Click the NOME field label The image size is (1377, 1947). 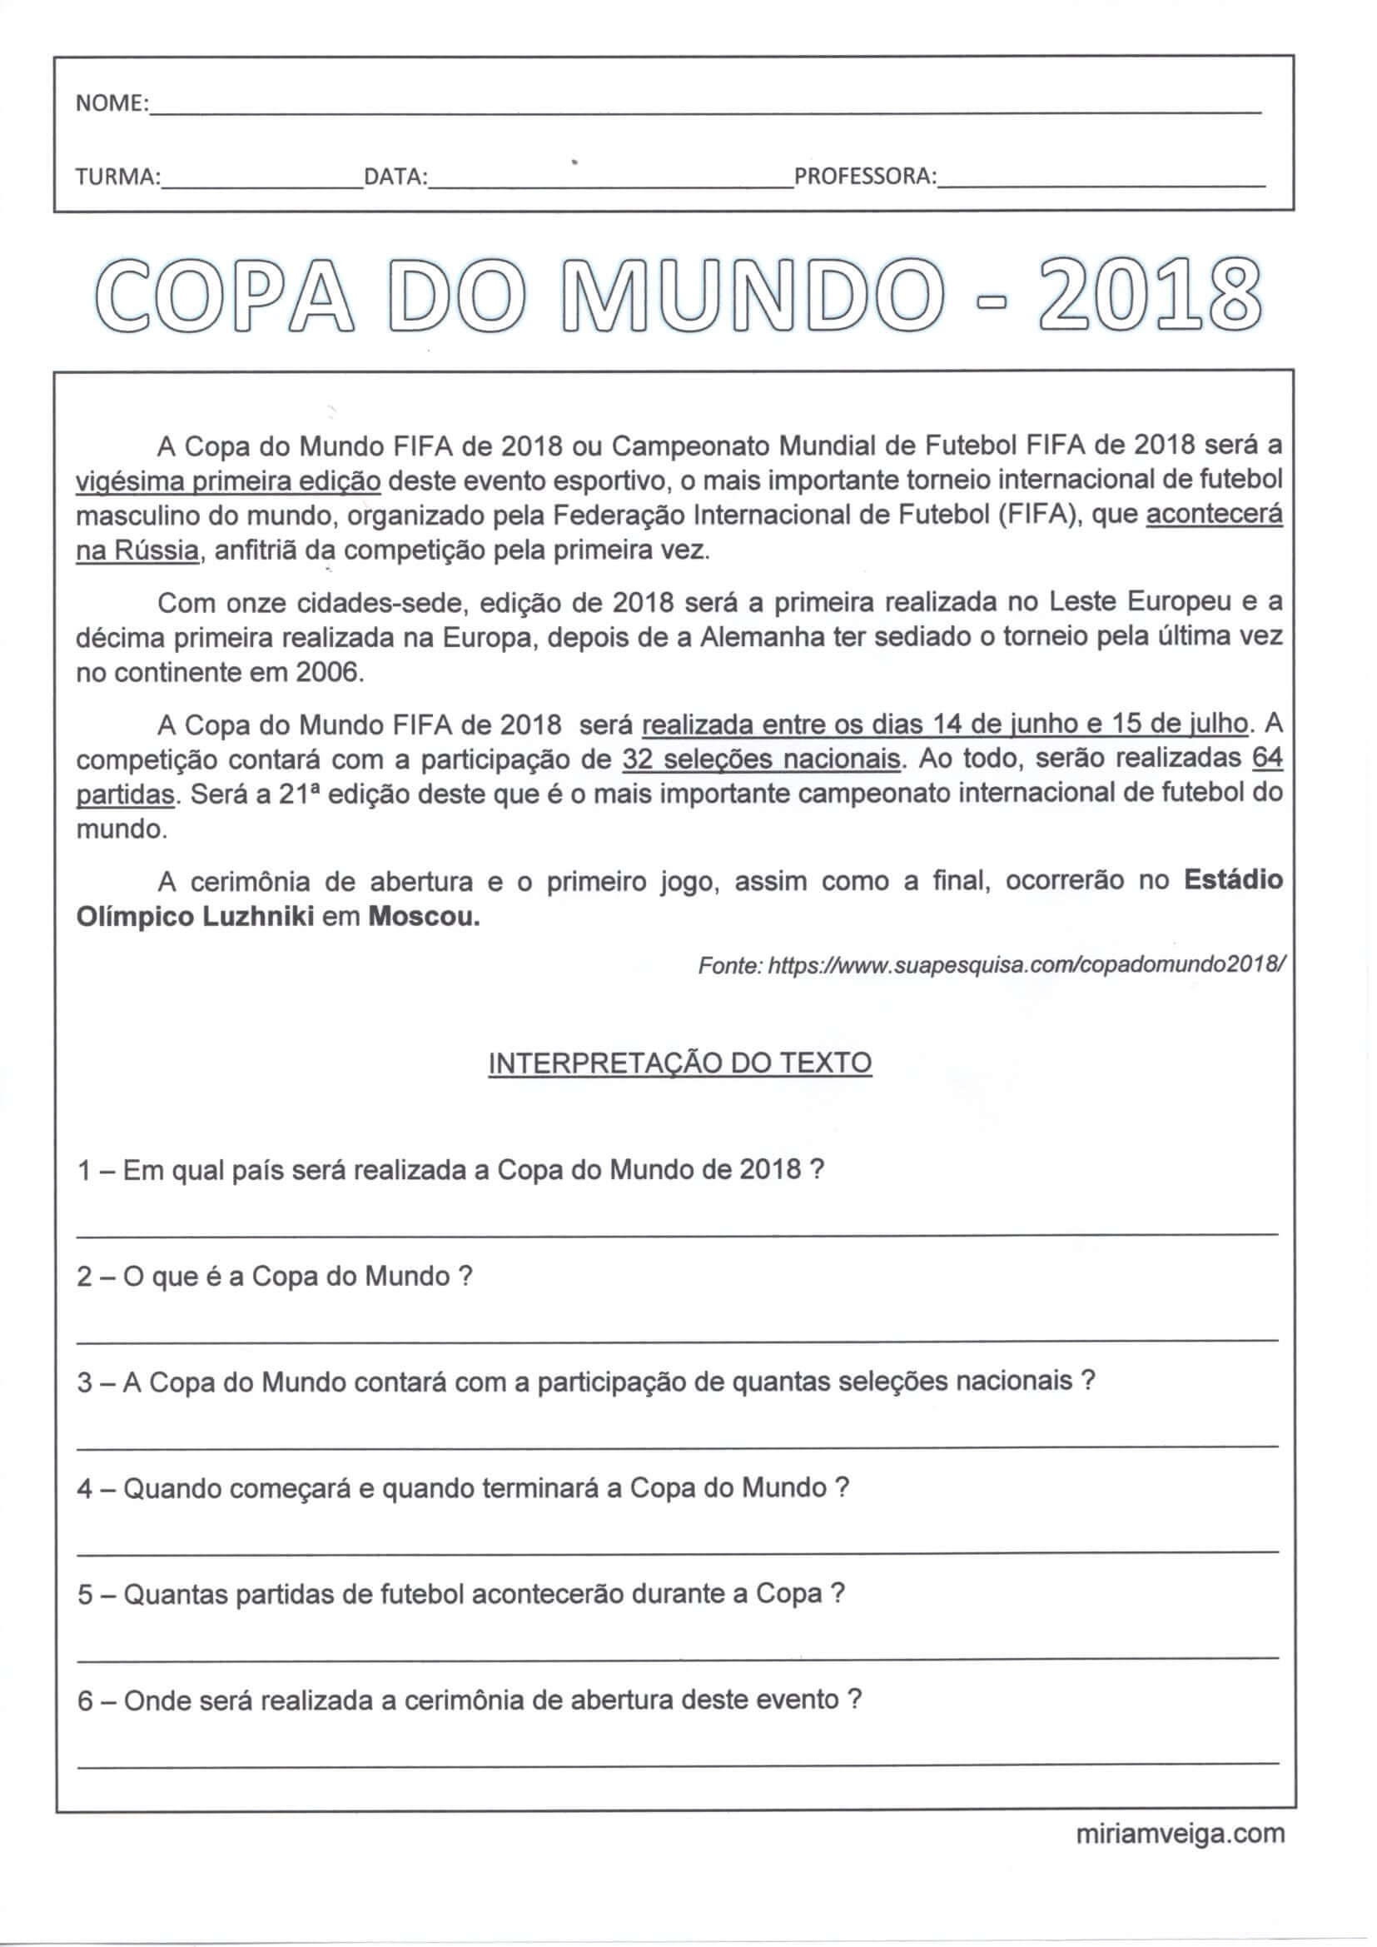click(111, 103)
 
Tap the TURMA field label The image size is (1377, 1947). click(118, 177)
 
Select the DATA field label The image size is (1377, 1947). click(395, 177)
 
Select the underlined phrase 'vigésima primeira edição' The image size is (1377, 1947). click(228, 481)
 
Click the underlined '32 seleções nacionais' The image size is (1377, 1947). click(761, 759)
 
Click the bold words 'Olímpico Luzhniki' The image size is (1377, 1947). click(195, 919)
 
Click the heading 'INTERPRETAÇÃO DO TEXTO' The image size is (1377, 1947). click(680, 1063)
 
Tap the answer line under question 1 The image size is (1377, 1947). click(677, 1235)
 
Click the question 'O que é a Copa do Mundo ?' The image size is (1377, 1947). click(274, 1277)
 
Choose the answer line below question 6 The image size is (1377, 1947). click(677, 1764)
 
